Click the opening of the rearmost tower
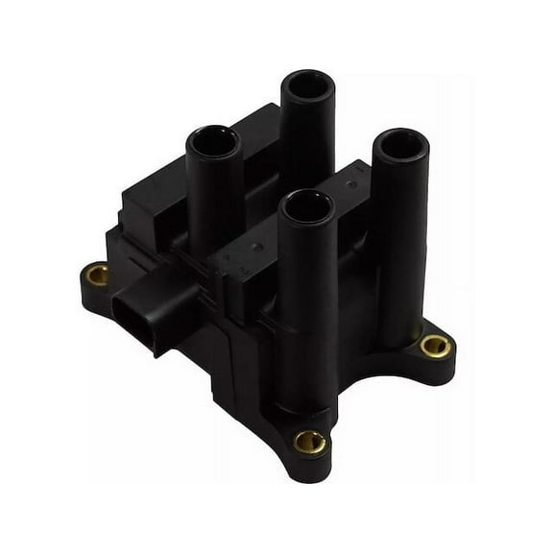coord(307,84)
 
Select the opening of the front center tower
coord(307,205)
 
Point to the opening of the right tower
coord(399,143)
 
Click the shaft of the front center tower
coord(307,307)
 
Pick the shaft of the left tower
coord(213,202)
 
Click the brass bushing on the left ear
coord(97,276)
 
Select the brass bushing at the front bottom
coord(309,441)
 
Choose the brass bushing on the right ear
coord(434,345)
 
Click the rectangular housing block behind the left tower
coord(154,197)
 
